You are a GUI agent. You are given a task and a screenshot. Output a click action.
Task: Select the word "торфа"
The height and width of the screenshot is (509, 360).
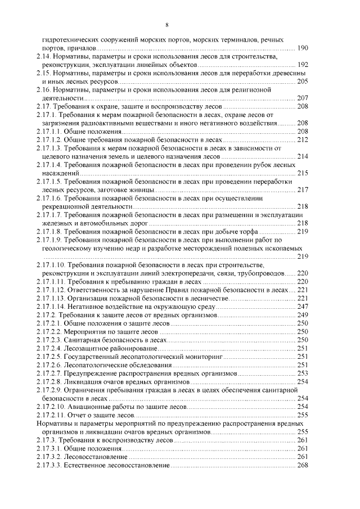247,231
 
